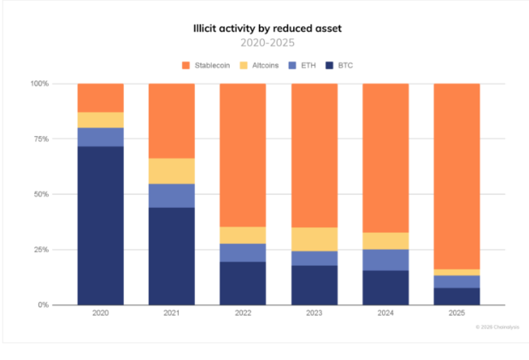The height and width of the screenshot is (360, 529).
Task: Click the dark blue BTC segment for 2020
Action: coord(100,225)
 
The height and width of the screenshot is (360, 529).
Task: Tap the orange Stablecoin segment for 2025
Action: coord(456,176)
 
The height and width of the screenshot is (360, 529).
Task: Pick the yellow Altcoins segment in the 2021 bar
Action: coord(172,171)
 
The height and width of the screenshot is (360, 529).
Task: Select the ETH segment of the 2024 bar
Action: coord(385,260)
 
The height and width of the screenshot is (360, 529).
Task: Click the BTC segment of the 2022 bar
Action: coord(243,283)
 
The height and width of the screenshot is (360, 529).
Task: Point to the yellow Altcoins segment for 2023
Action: coord(314,239)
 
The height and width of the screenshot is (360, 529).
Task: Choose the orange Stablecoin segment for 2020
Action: coord(100,97)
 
